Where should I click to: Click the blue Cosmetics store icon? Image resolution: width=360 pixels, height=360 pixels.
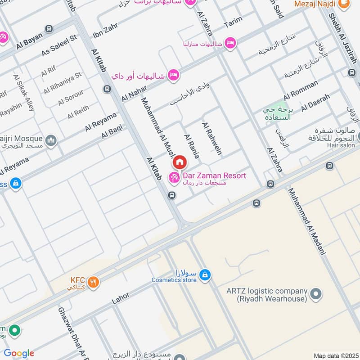[x=205, y=274]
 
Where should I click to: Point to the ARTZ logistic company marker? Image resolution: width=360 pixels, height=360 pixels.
[x=316, y=295]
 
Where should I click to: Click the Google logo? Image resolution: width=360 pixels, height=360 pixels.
[x=18, y=353]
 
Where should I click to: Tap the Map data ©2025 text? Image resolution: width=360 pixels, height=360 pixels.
[x=335, y=355]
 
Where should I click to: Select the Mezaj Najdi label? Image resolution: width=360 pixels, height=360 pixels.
[x=315, y=4]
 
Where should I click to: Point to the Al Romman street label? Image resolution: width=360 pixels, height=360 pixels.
[x=301, y=90]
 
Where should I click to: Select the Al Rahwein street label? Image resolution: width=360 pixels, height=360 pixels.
[x=211, y=138]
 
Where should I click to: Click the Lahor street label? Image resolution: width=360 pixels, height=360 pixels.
[x=121, y=298]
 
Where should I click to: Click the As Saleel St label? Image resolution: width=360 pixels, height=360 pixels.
[x=59, y=46]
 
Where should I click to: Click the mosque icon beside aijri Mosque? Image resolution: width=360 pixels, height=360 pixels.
[x=51, y=140]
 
